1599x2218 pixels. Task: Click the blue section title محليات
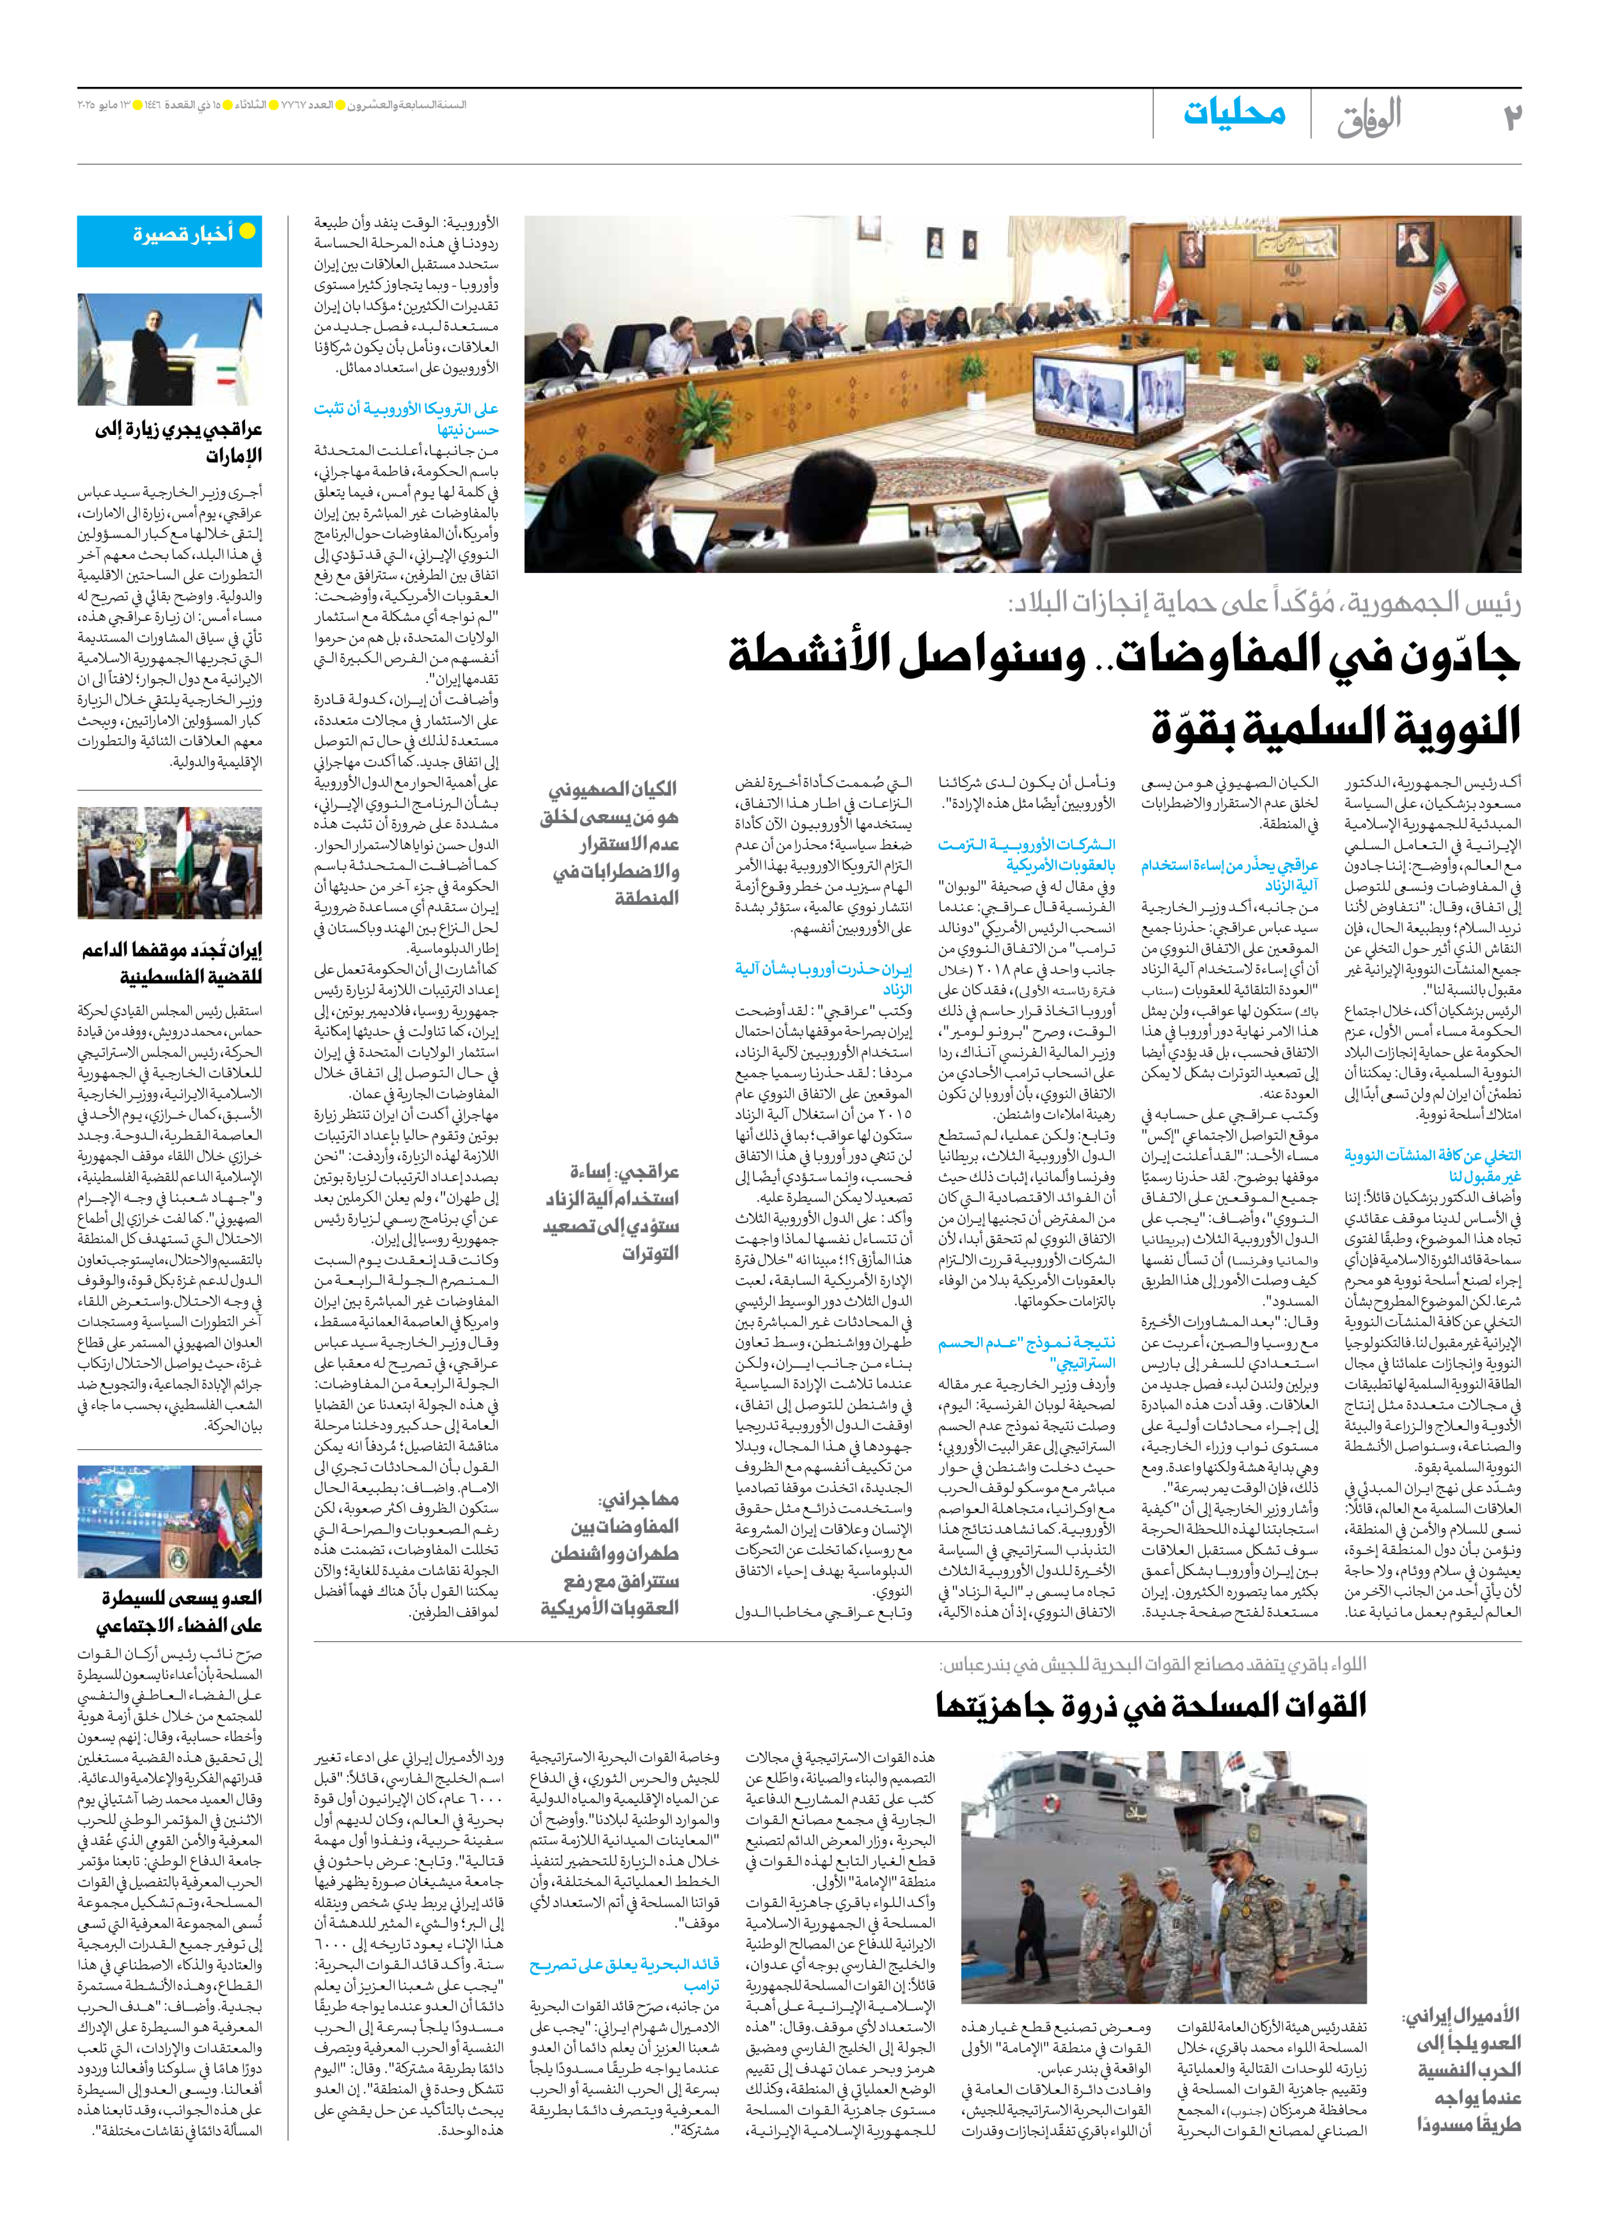tap(1234, 113)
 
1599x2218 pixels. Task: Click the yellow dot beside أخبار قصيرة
tap(248, 232)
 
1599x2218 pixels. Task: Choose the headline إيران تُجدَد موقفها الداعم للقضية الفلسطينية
tap(172, 963)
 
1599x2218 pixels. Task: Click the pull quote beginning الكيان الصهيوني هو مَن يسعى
tap(610, 842)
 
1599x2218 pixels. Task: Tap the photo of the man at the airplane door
tap(169, 350)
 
